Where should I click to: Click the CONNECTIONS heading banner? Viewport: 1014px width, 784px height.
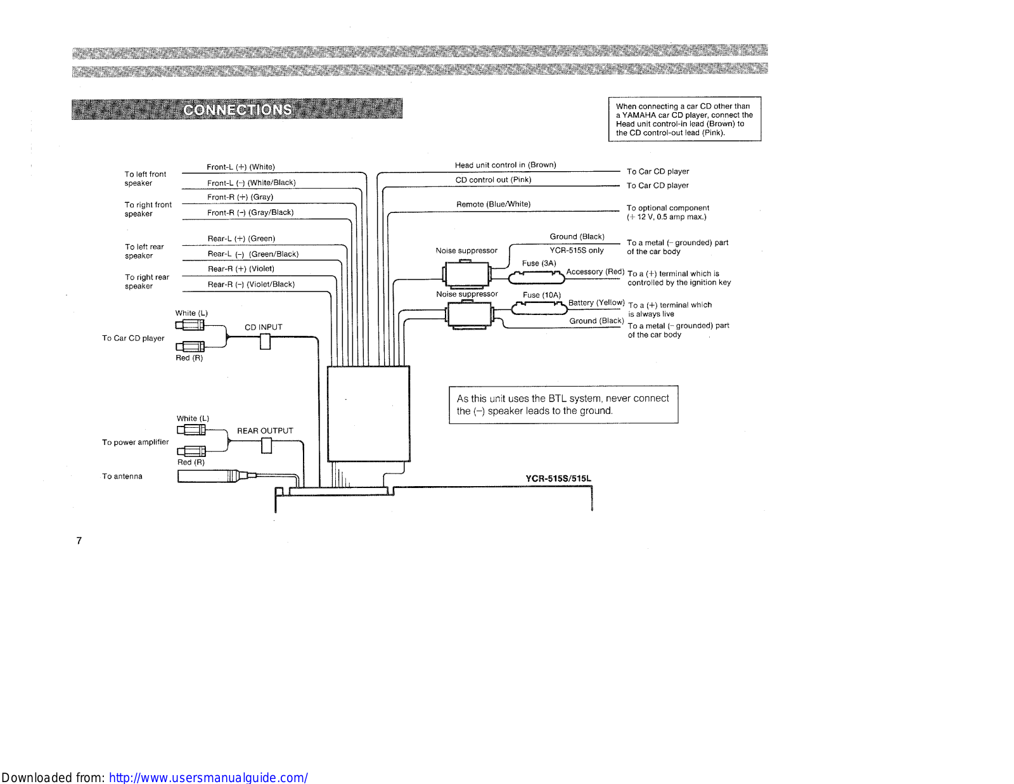[237, 109]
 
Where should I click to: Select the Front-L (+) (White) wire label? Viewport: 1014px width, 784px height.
[241, 167]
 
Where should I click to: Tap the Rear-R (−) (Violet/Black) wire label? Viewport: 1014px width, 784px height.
[251, 285]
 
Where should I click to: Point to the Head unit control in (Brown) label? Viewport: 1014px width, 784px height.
[505, 165]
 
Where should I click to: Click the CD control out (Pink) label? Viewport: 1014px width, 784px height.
[493, 180]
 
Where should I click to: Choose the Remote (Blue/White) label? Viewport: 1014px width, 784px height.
[493, 204]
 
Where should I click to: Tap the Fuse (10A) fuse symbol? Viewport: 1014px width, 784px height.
[539, 309]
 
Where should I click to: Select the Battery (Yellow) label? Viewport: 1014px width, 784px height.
[596, 303]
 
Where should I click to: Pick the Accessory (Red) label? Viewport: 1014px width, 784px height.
[595, 272]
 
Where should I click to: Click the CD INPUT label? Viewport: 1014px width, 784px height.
[264, 327]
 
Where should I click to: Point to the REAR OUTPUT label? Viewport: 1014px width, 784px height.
[265, 431]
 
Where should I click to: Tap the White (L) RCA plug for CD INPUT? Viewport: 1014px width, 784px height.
[190, 325]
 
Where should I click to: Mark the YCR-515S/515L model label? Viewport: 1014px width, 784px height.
[558, 479]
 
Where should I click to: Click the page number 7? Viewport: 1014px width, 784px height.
[79, 541]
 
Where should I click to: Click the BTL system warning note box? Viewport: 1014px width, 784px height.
[563, 404]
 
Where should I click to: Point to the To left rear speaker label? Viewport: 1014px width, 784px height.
[144, 252]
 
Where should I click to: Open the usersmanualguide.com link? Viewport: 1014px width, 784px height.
[208, 778]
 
